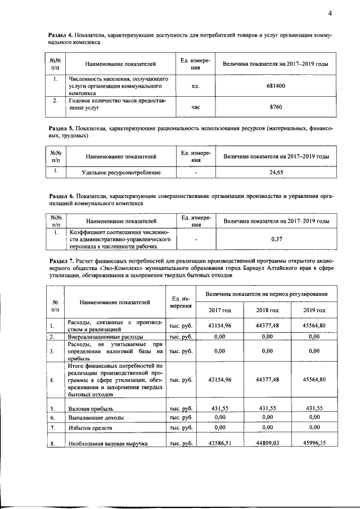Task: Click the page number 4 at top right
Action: click(x=331, y=13)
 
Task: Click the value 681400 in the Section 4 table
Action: click(x=276, y=87)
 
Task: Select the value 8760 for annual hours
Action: click(x=276, y=105)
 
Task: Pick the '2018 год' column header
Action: click(x=267, y=310)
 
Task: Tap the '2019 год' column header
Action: click(x=314, y=310)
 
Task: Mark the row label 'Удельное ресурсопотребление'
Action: click(x=121, y=172)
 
